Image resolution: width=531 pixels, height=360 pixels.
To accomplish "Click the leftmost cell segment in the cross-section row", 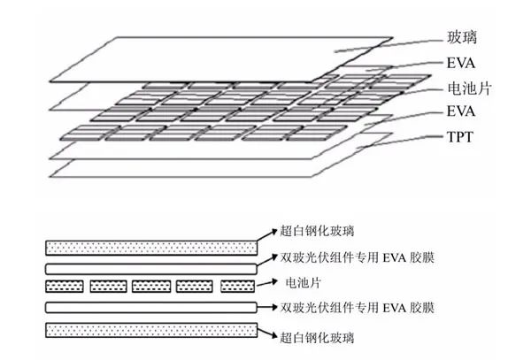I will click(63, 287).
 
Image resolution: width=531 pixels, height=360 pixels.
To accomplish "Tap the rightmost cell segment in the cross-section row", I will click(236, 287).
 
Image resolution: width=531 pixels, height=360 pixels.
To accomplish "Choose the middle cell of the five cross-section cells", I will click(150, 287).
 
